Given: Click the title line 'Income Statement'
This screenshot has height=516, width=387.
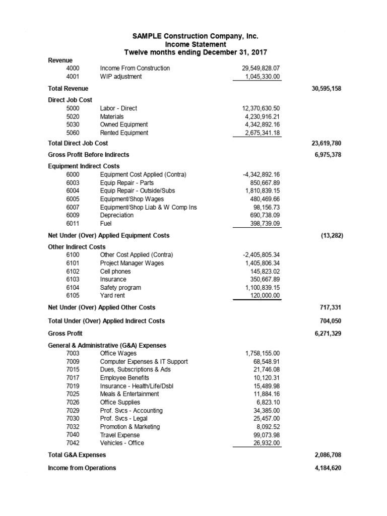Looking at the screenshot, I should [196, 44].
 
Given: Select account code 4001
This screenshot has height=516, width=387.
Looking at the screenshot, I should [73, 77].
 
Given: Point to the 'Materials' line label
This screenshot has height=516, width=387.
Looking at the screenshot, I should [112, 116].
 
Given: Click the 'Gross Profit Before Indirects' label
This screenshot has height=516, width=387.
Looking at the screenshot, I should [88, 155].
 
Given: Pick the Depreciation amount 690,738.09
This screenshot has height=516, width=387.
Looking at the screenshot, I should [263, 215].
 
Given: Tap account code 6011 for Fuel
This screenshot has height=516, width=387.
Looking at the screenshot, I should [73, 223].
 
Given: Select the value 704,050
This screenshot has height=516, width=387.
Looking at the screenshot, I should [331, 321].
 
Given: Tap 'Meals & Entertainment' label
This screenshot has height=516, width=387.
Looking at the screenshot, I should [130, 394].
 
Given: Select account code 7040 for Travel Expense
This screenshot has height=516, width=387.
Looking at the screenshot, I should [73, 435].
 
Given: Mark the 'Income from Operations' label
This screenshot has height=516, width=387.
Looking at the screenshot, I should [82, 468].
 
